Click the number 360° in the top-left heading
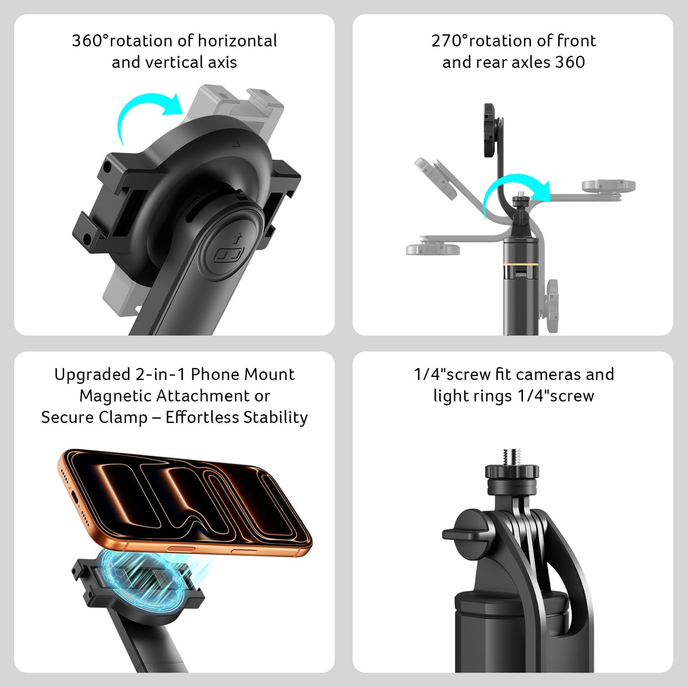[x=90, y=40]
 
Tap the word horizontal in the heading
[x=237, y=40]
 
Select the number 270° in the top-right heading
[x=449, y=40]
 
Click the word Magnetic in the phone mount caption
[x=116, y=396]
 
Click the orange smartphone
[x=185, y=503]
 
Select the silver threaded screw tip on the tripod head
[x=512, y=457]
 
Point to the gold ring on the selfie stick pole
[x=521, y=264]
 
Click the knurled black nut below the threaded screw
[x=512, y=471]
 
